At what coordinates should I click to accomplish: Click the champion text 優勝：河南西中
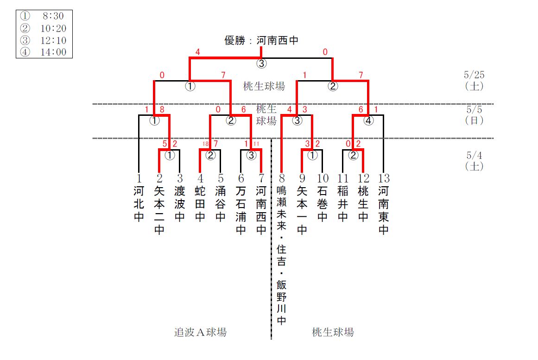point(261,41)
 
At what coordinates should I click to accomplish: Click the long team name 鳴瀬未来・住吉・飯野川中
point(281,255)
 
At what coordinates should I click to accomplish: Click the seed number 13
point(383,178)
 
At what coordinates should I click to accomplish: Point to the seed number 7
point(261,178)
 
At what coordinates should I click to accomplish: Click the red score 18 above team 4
point(205,144)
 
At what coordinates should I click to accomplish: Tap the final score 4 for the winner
point(198,52)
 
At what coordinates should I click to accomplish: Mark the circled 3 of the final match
point(262,63)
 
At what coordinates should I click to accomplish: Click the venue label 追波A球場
point(200,332)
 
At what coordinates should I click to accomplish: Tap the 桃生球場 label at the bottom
point(333,332)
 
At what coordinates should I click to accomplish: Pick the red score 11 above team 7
point(256,144)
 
